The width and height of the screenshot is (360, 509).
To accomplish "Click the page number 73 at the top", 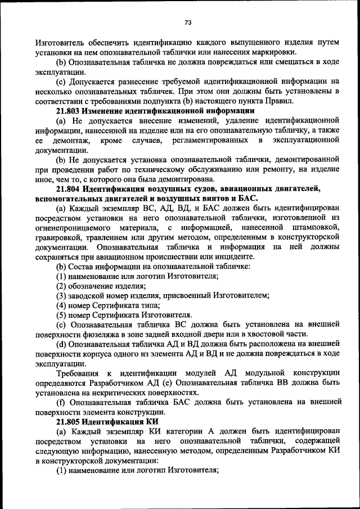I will [x=188, y=22].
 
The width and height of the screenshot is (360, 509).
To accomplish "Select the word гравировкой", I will [x=59, y=237].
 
